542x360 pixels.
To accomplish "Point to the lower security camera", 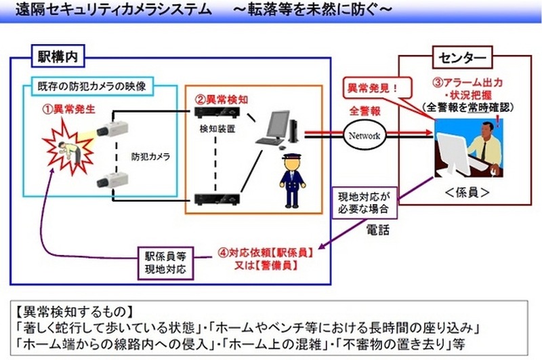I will (x=112, y=180).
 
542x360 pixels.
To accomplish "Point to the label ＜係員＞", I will (x=465, y=193).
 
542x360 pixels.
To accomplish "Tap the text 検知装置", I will (x=215, y=127).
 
